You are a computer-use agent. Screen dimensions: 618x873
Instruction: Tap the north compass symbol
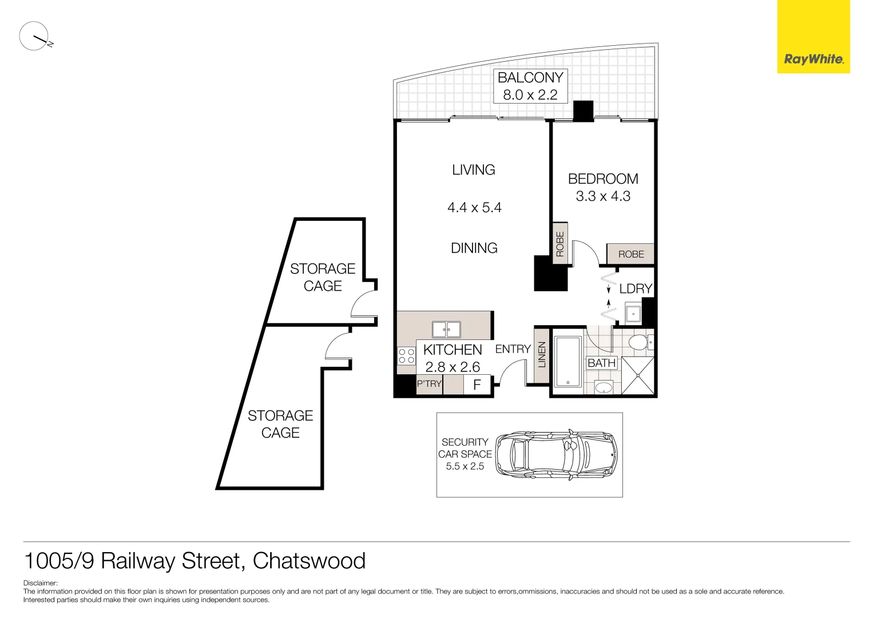pos(34,37)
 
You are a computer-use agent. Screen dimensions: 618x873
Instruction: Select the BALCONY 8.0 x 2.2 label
pos(530,86)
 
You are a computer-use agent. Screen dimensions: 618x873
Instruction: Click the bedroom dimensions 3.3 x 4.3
pos(603,196)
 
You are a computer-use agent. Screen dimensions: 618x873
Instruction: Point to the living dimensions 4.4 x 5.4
pos(474,208)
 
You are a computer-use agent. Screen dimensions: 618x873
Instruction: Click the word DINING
pos(474,248)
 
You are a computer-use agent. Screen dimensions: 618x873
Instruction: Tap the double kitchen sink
pos(446,330)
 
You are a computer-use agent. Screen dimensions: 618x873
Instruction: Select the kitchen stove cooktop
pos(407,356)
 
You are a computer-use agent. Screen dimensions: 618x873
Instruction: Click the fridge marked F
pos(477,385)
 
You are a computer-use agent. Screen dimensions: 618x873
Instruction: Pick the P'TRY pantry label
pos(429,384)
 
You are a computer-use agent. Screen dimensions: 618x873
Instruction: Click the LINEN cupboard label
pos(542,355)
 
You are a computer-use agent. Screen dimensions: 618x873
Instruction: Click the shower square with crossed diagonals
pos(637,375)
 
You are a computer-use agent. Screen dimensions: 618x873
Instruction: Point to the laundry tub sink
pos(633,314)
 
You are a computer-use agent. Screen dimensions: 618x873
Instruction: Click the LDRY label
pos(636,289)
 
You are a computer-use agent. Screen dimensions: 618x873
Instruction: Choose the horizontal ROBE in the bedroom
pos(630,254)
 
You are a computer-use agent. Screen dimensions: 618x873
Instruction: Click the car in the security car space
pos(556,454)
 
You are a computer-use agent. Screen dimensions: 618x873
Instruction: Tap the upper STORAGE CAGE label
pos(323,277)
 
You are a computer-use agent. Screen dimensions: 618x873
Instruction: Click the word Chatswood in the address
pos(309,561)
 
